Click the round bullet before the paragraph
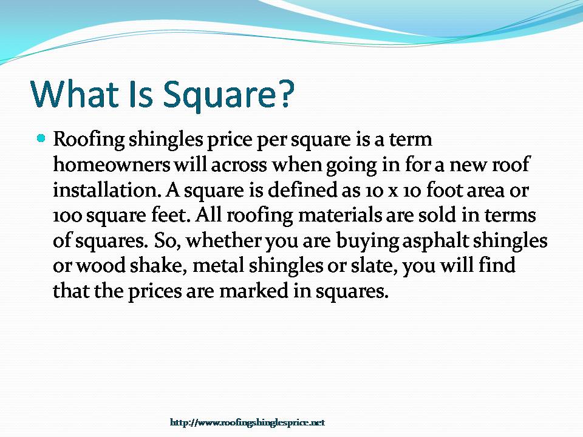[x=41, y=139]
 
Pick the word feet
[x=164, y=215]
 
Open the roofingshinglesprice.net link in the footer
[x=247, y=422]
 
